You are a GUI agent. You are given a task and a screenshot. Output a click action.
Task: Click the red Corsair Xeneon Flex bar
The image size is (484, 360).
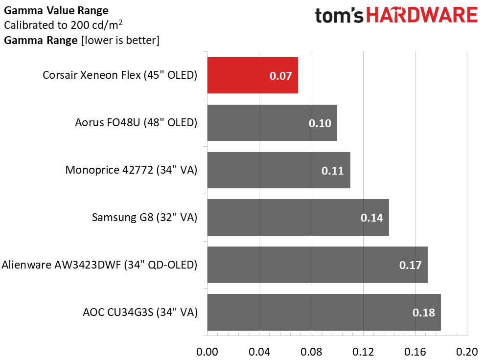pyautogui.click(x=253, y=75)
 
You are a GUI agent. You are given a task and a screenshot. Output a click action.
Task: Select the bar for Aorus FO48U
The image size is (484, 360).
pyautogui.click(x=272, y=123)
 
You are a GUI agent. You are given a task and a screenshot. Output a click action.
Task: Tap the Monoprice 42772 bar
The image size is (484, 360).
pyautogui.click(x=279, y=170)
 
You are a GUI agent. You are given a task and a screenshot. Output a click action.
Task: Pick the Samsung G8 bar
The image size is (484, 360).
pyautogui.click(x=298, y=218)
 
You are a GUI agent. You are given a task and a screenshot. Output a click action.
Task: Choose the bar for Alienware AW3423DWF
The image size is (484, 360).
pyautogui.click(x=318, y=265)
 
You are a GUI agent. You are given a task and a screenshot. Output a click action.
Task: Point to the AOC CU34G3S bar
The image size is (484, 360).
pyautogui.click(x=324, y=312)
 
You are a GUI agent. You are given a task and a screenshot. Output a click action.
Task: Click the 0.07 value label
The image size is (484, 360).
pyautogui.click(x=280, y=76)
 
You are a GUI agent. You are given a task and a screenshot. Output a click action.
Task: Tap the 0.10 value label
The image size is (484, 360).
pyautogui.click(x=320, y=123)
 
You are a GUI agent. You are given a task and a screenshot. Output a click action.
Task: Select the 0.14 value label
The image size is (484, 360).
pyautogui.click(x=371, y=218)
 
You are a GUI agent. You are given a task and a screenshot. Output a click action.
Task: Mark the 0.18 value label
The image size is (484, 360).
pyautogui.click(x=423, y=313)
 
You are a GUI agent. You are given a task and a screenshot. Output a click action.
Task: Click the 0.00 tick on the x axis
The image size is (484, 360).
pyautogui.click(x=207, y=352)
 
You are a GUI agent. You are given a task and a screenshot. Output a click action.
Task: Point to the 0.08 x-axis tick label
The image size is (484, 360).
pyautogui.click(x=311, y=352)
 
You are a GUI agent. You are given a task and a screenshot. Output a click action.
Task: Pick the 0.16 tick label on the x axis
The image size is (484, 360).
pyautogui.click(x=415, y=352)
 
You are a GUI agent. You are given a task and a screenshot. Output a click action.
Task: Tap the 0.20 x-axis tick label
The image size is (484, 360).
pyautogui.click(x=467, y=352)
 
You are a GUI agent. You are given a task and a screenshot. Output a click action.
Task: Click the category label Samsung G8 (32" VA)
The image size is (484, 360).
pyautogui.click(x=144, y=218)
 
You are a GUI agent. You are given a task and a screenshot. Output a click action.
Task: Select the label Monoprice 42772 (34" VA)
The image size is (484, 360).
pyautogui.click(x=131, y=170)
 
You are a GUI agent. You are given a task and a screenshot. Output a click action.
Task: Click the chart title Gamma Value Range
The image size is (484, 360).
pyautogui.click(x=56, y=11)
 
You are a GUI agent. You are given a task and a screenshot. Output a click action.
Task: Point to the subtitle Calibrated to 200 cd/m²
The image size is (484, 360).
pyautogui.click(x=63, y=25)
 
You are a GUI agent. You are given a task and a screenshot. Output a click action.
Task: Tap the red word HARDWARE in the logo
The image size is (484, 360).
pyautogui.click(x=422, y=15)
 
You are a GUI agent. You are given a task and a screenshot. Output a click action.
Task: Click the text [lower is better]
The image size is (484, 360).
pyautogui.click(x=120, y=41)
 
